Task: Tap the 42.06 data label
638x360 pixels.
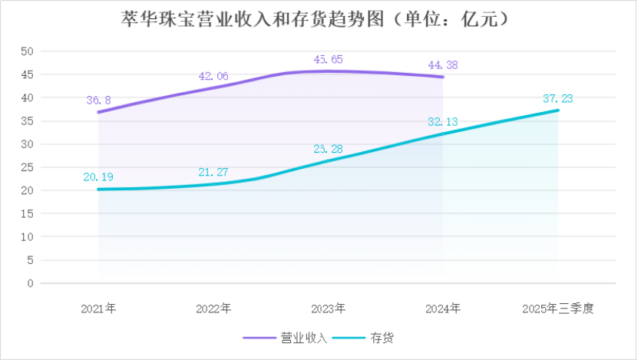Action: point(213,76)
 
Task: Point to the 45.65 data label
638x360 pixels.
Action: point(329,59)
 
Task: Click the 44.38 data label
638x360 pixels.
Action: point(444,64)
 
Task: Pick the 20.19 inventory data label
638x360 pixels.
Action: point(98,177)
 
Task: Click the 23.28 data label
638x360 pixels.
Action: point(329,148)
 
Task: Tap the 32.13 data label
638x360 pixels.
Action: point(444,121)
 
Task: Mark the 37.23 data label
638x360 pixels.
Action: point(558,97)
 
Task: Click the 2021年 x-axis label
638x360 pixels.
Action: point(98,309)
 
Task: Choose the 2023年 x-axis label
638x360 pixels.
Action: point(329,309)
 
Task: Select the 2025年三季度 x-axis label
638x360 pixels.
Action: point(558,309)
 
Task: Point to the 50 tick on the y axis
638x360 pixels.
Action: point(28,51)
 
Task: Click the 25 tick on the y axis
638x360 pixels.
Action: point(28,167)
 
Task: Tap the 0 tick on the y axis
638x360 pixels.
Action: point(31,283)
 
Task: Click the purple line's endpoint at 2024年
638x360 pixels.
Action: point(443,77)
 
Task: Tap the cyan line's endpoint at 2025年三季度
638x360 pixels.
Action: point(558,110)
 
